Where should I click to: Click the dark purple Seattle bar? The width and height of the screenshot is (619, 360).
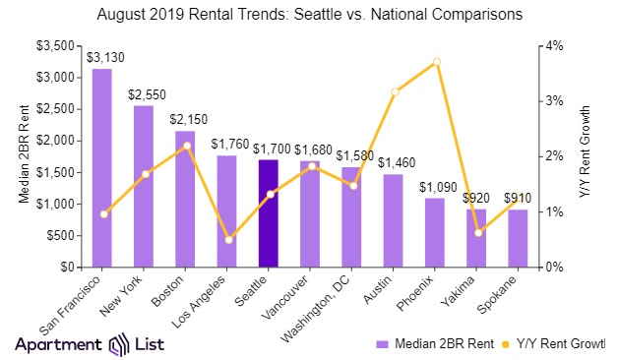pyautogui.click(x=268, y=213)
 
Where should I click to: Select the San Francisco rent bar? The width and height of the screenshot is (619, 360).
pyautogui.click(x=101, y=167)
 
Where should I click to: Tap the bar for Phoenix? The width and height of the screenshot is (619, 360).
pyautogui.click(x=434, y=232)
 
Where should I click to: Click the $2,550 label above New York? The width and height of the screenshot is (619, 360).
pyautogui.click(x=144, y=95)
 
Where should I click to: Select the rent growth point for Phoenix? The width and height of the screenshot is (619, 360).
pyautogui.click(x=436, y=62)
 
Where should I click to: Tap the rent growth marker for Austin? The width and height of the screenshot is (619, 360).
pyautogui.click(x=394, y=91)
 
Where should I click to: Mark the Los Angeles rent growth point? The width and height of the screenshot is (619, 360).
pyautogui.click(x=227, y=240)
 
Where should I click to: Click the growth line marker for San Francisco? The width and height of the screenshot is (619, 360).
pyautogui.click(x=103, y=213)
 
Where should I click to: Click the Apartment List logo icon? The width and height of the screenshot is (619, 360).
pyautogui.click(x=118, y=344)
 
